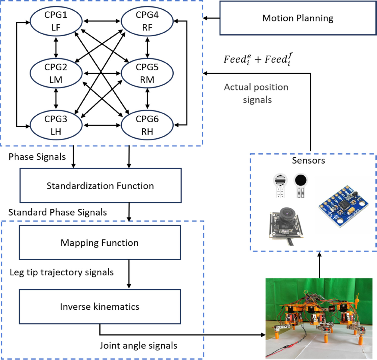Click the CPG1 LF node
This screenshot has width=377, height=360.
(x=56, y=21)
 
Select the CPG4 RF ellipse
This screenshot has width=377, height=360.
(x=147, y=21)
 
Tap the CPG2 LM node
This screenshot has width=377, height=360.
(x=56, y=73)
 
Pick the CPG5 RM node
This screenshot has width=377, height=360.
(x=147, y=73)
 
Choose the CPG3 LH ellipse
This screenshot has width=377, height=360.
(x=56, y=125)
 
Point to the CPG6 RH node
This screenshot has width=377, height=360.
(x=147, y=125)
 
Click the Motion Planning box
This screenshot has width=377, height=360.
(x=298, y=18)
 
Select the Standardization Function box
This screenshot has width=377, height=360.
(x=100, y=186)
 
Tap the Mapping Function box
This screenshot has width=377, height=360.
(x=100, y=243)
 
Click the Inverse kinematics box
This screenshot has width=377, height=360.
(x=100, y=307)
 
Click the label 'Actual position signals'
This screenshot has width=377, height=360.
(x=256, y=93)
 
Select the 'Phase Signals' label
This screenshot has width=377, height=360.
(x=37, y=157)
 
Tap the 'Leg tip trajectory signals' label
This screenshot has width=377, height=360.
(x=62, y=272)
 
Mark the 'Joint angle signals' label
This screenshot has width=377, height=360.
(x=138, y=346)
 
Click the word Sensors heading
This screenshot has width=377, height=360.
(x=308, y=161)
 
